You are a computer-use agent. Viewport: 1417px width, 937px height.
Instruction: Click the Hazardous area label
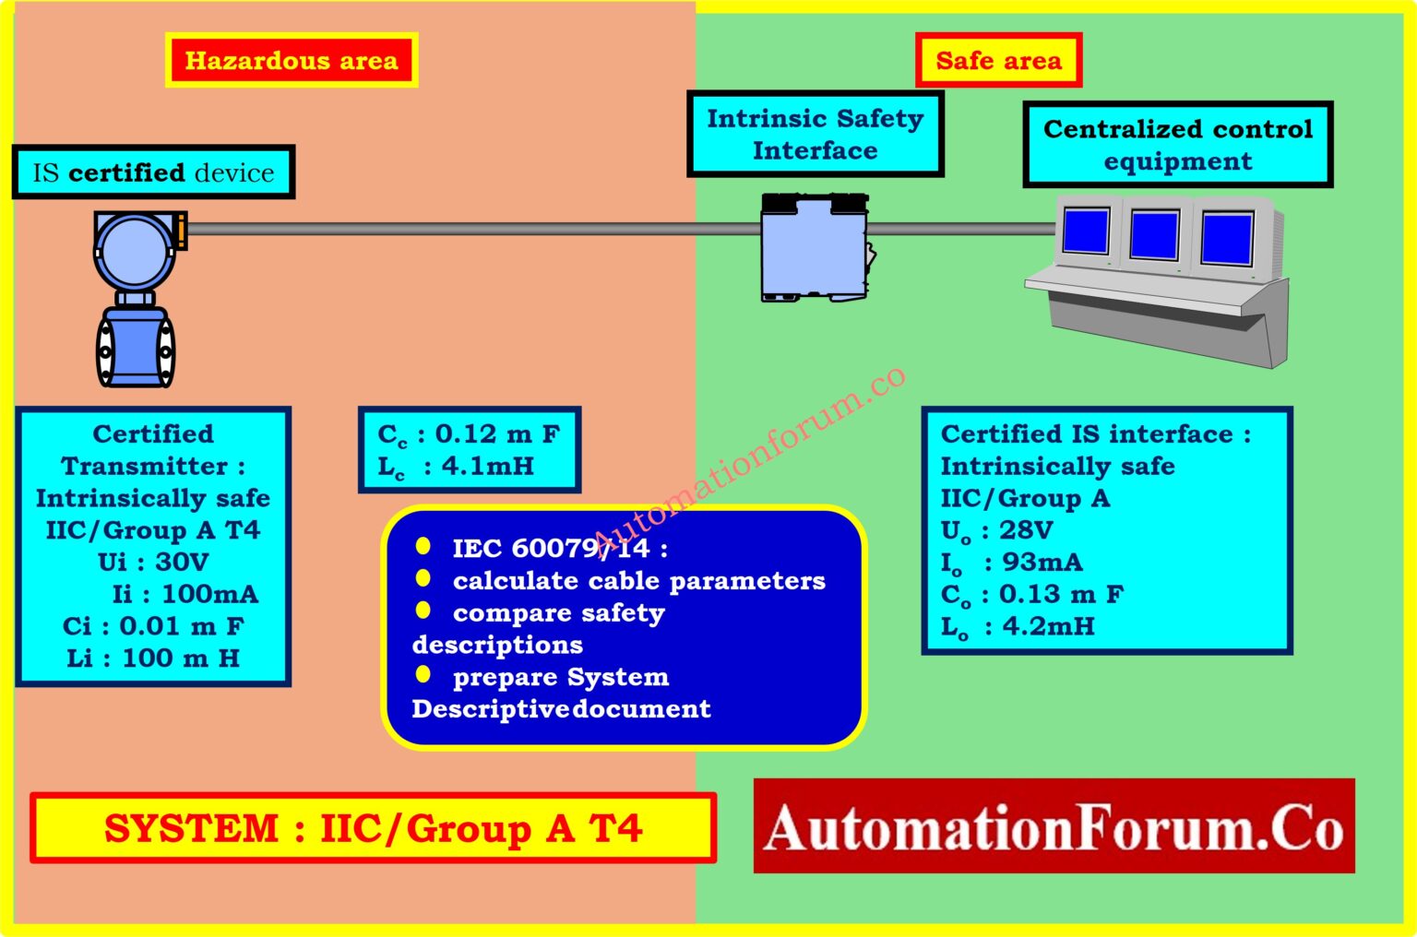[292, 61]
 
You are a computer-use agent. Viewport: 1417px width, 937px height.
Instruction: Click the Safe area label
[998, 61]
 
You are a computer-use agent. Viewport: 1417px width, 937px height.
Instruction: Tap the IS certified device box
[153, 172]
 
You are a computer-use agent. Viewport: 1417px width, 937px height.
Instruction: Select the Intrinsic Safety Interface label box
[815, 134]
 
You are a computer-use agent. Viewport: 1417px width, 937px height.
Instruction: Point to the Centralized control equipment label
[1177, 145]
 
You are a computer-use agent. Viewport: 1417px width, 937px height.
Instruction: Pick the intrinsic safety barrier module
[815, 247]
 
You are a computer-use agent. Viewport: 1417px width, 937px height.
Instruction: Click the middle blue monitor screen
[1154, 234]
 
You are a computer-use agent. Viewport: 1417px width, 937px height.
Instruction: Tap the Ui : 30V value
[153, 562]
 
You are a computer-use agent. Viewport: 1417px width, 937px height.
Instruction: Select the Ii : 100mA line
[185, 594]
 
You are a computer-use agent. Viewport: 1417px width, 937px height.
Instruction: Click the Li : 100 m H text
[153, 658]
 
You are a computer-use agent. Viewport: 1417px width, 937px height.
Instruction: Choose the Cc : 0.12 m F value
[469, 434]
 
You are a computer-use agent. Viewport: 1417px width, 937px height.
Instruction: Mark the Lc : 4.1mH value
[457, 467]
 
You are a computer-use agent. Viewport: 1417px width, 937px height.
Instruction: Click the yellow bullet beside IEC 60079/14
[423, 546]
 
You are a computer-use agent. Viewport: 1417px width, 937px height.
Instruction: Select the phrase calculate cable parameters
[638, 581]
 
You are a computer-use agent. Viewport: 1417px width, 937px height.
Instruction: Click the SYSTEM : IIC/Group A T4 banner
[373, 828]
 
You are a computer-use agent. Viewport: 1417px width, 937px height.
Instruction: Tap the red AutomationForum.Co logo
[1054, 826]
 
